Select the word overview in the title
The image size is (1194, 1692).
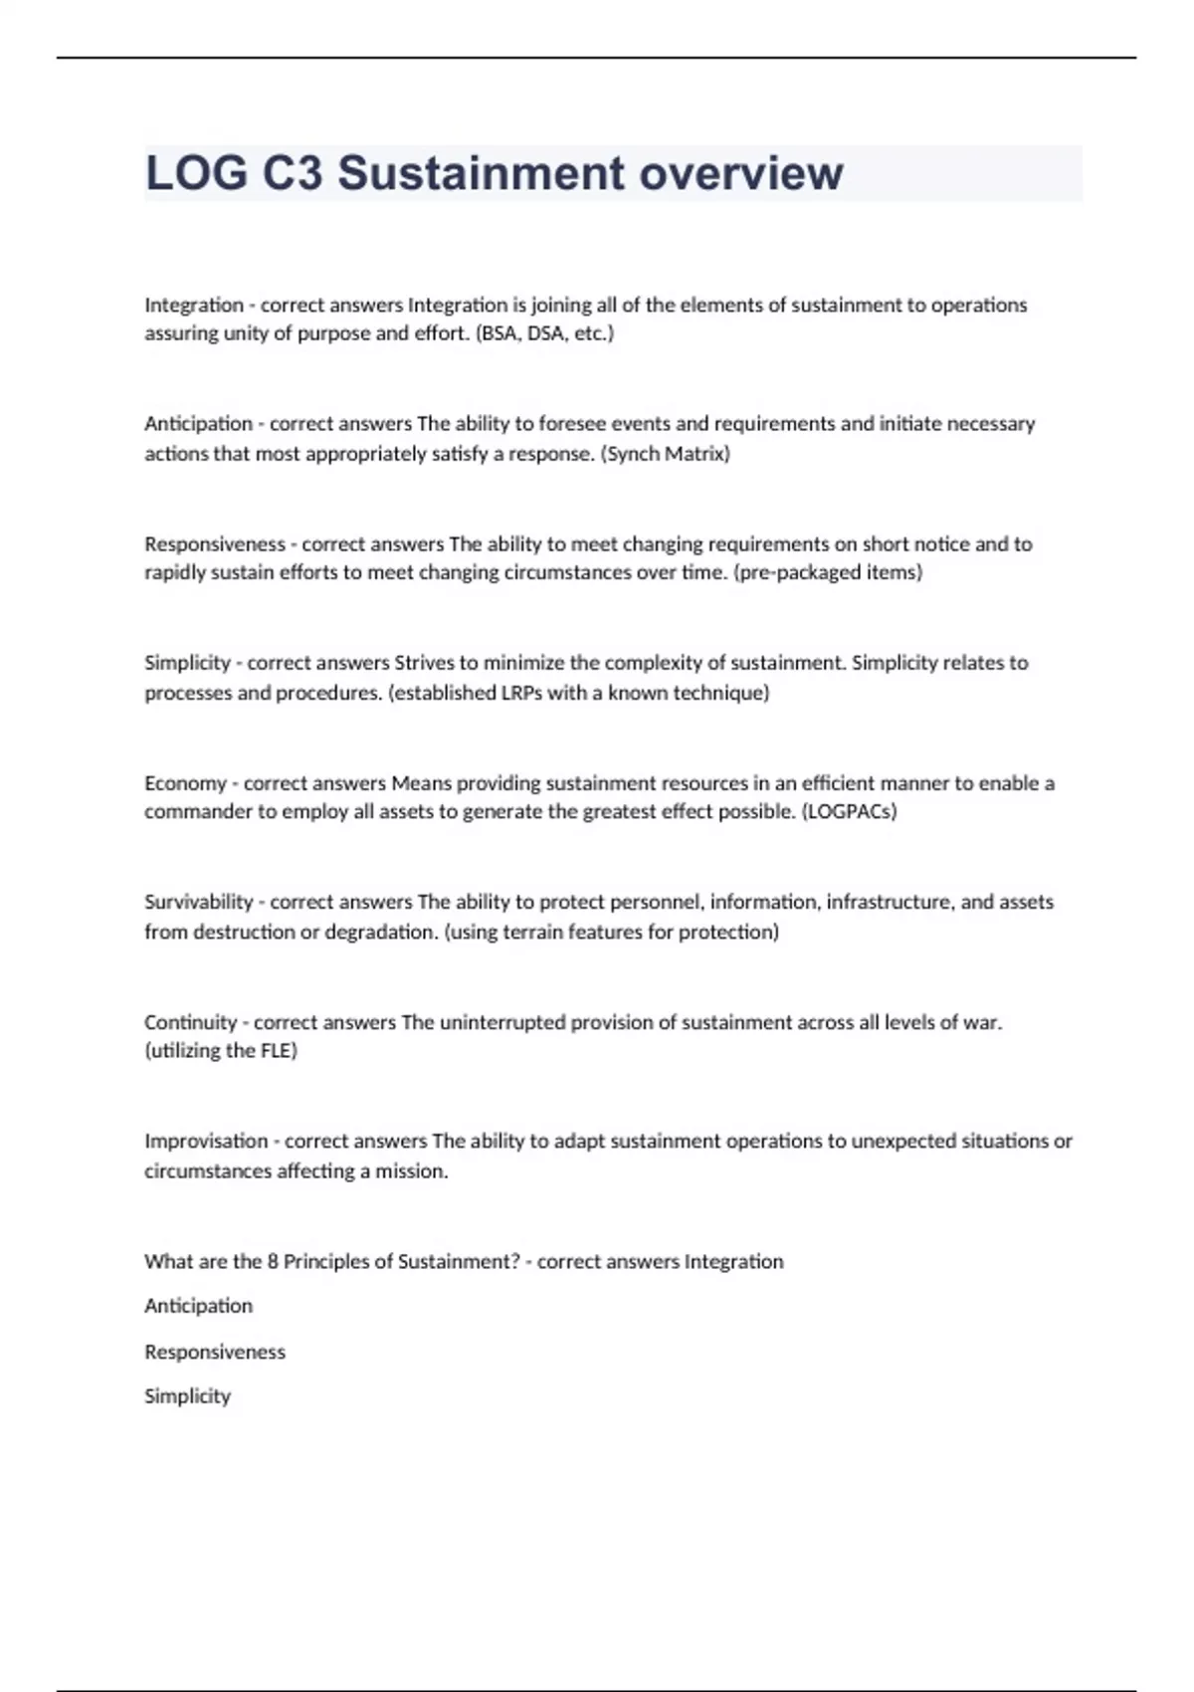[741, 173]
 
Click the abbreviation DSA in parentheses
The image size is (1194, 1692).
[547, 333]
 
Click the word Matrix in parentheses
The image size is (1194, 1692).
[696, 454]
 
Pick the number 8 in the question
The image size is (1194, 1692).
[272, 1261]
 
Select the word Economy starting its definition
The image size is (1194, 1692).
[185, 783]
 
